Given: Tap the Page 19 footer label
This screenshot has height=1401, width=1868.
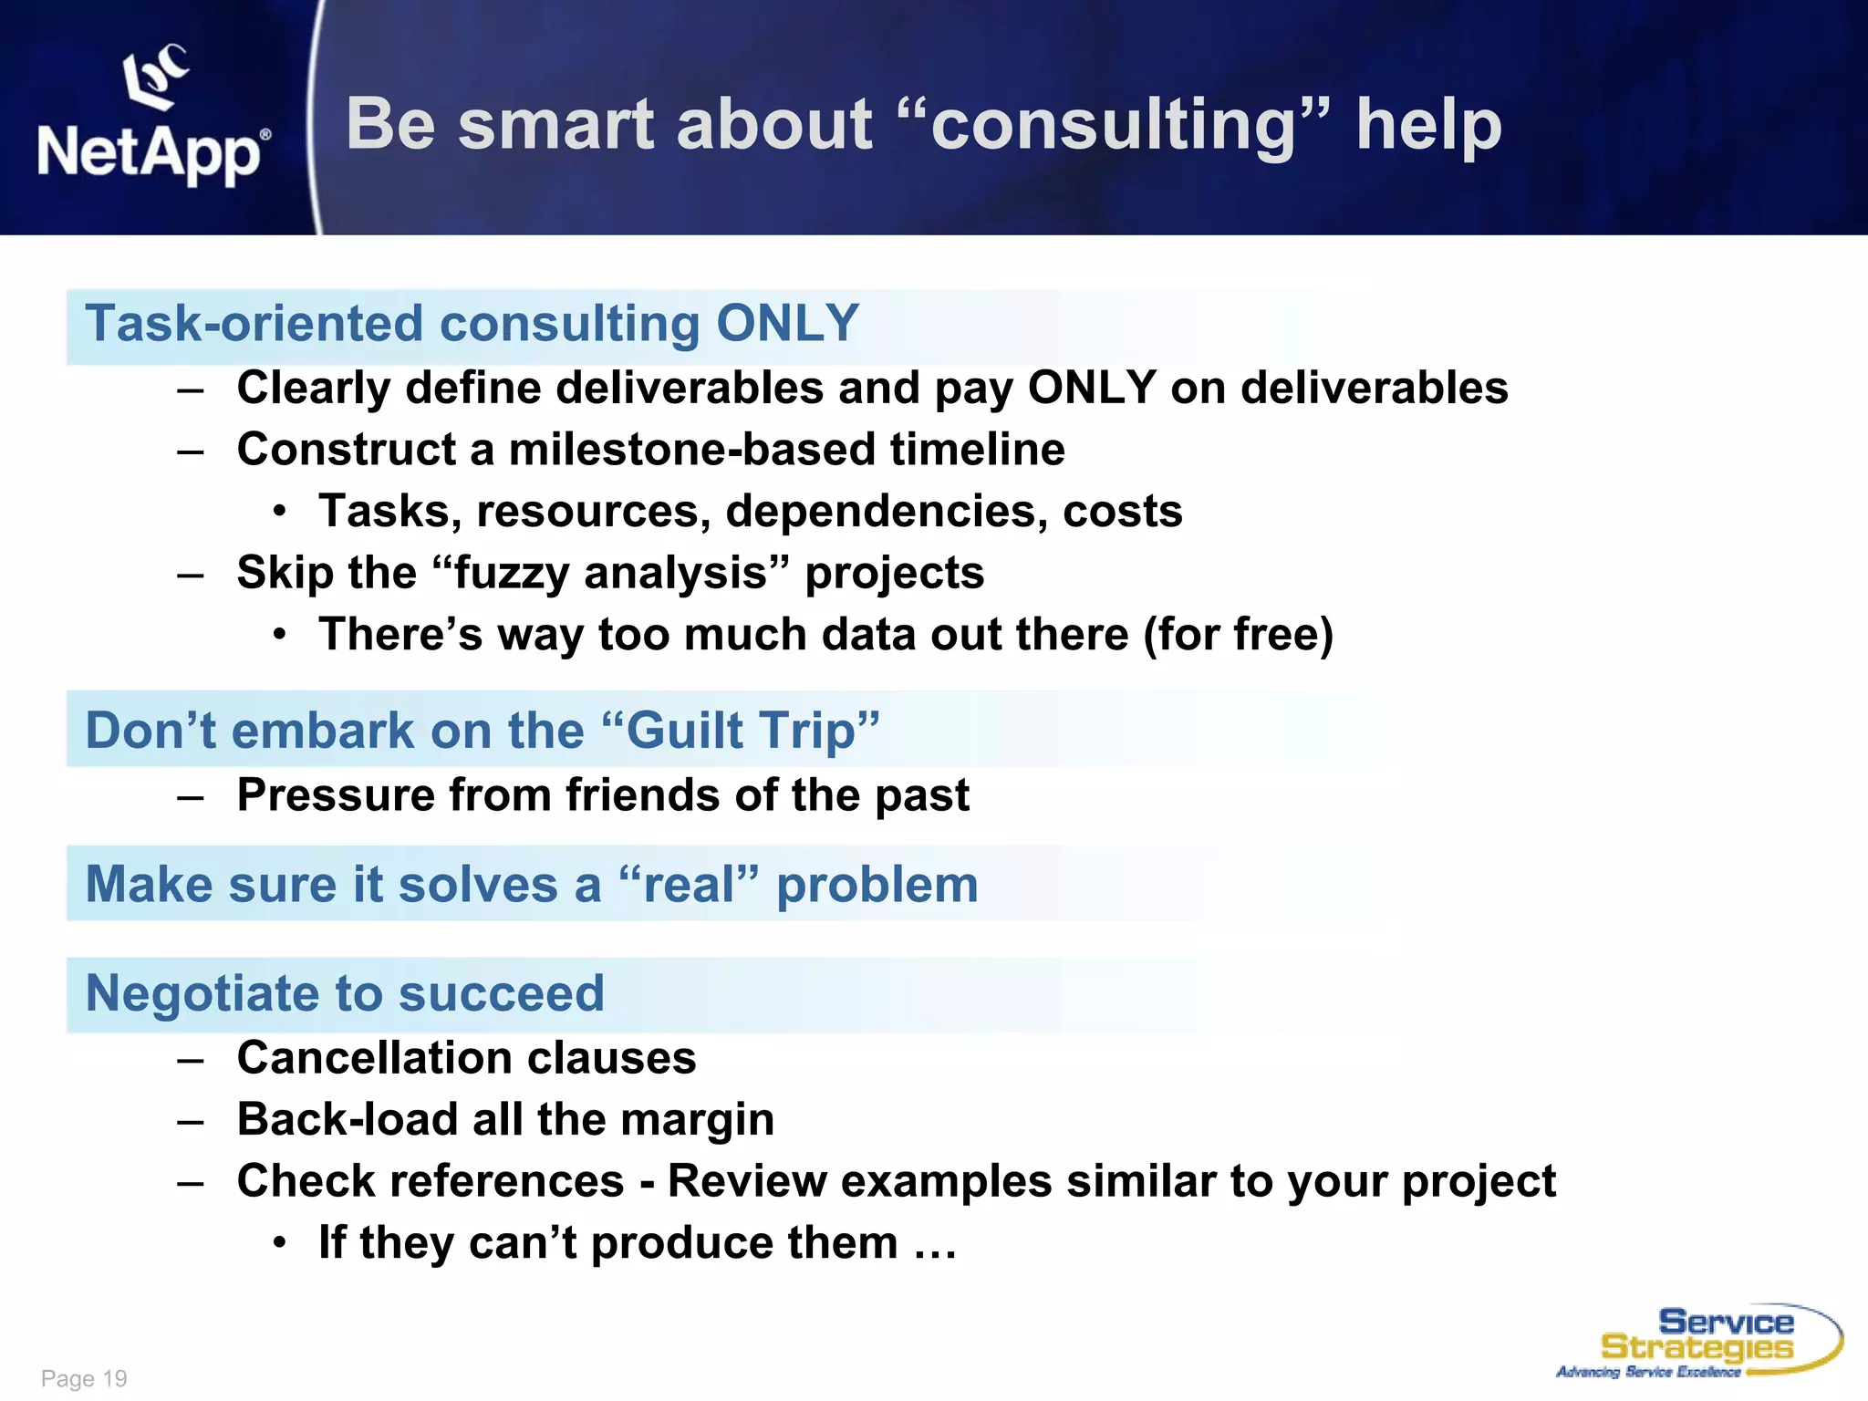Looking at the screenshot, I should click(84, 1378).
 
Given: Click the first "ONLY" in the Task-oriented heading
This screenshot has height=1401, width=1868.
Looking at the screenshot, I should click(787, 324).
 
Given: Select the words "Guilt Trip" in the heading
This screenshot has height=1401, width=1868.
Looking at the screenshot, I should click(742, 731).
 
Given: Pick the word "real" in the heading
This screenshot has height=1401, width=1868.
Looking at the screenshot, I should click(689, 885).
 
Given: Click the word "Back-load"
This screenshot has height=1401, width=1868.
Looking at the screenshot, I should click(347, 1119).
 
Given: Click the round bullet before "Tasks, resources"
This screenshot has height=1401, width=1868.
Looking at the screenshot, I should click(280, 512).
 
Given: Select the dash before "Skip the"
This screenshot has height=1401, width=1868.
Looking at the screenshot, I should click(191, 575).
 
